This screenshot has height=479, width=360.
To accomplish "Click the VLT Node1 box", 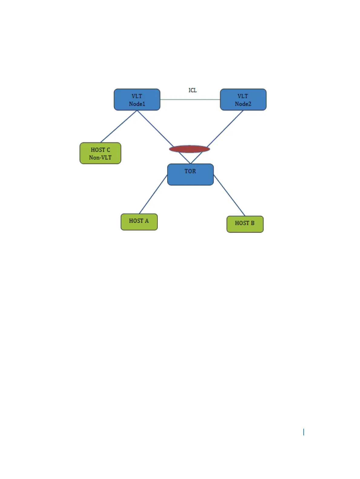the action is tap(137, 99).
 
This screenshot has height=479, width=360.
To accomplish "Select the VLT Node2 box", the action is tap(243, 99).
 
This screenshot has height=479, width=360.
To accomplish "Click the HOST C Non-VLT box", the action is tap(100, 153).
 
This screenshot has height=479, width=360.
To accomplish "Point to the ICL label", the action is tap(193, 90).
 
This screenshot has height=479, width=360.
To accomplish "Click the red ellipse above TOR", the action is tap(190, 149).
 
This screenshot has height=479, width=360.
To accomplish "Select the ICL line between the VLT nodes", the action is tap(190, 99).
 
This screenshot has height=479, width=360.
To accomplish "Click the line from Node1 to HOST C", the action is tap(119, 126).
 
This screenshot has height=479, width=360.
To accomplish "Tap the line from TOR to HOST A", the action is tap(153, 194).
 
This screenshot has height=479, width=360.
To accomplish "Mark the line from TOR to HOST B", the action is tap(229, 195).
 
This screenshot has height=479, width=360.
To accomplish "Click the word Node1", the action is tap(137, 104).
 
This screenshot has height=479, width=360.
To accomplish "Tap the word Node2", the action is tap(243, 104).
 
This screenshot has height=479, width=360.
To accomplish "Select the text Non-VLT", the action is tap(100, 158).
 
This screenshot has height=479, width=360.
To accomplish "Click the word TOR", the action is tap(190, 171).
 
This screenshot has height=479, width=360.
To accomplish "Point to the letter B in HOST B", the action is tap(253, 223).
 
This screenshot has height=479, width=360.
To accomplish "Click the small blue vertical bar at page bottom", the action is tap(303, 432).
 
